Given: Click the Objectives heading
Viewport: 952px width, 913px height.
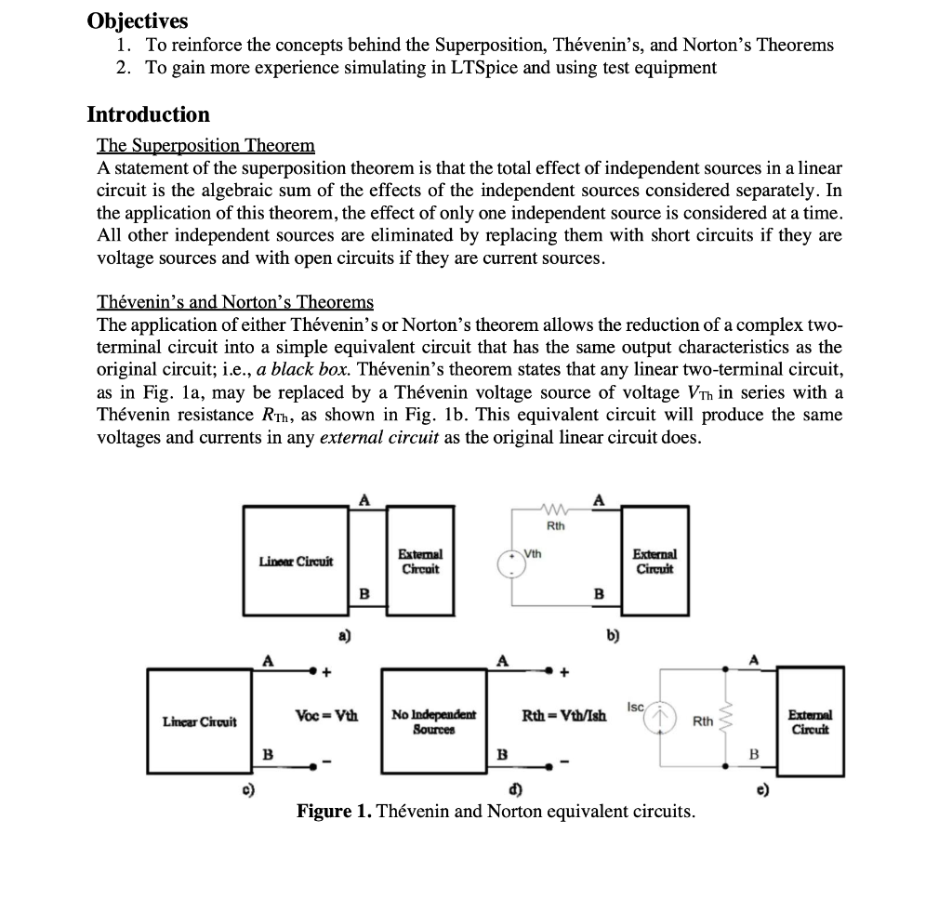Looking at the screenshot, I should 137,20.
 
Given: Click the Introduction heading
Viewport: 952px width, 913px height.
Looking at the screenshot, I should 148,114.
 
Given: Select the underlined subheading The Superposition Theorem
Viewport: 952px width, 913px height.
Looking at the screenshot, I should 205,146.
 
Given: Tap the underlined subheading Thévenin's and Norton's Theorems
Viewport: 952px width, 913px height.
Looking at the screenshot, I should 235,302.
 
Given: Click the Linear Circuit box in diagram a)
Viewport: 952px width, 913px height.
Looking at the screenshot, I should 296,561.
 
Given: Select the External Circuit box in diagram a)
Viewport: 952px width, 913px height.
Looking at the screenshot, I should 420,561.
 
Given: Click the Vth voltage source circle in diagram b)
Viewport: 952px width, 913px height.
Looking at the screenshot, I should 512,562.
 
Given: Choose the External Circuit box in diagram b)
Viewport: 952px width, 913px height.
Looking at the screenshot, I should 655,561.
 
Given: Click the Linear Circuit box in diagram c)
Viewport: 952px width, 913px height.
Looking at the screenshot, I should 199,721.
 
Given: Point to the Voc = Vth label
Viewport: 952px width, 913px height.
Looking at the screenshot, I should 325,716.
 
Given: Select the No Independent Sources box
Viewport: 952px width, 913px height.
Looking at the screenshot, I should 433,721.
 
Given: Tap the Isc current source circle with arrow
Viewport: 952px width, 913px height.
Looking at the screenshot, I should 661,719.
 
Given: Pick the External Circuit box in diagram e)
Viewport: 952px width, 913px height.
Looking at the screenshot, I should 810,721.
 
